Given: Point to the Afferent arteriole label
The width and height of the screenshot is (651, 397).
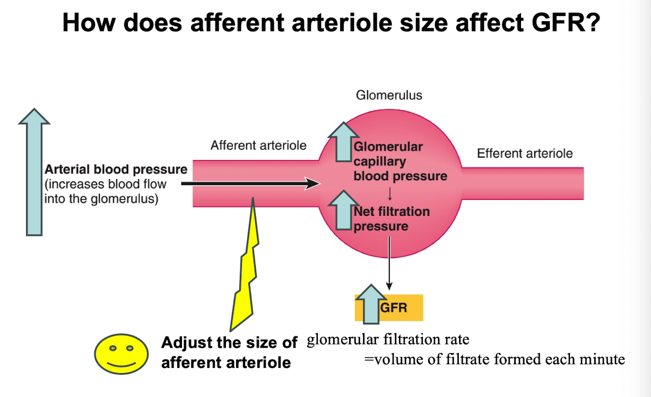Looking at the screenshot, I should click(258, 145).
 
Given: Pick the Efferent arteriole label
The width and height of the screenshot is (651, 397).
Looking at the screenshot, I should click(525, 154).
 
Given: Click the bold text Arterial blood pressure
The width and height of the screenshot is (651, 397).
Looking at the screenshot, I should click(116, 170).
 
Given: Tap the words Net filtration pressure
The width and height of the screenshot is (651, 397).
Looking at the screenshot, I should click(392, 219).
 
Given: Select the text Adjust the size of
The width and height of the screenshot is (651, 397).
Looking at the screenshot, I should click(229, 343).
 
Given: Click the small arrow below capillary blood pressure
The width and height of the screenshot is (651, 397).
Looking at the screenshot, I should click(390, 191).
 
